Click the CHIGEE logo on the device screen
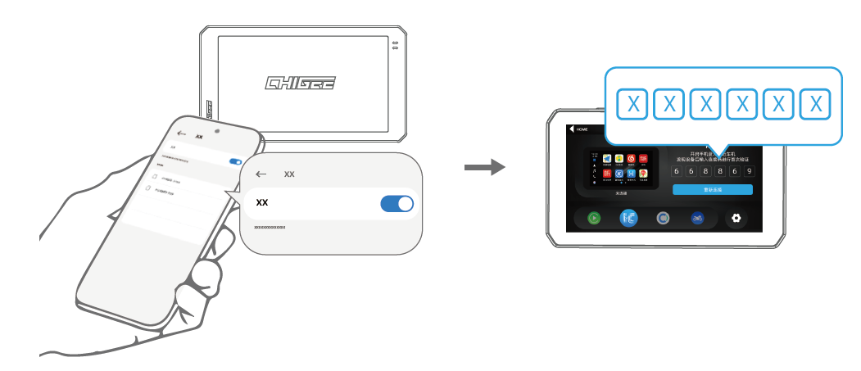pyautogui.click(x=301, y=83)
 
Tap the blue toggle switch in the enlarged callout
pyautogui.click(x=397, y=204)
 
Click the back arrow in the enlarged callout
pyautogui.click(x=261, y=174)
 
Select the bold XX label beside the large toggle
pyautogui.click(x=262, y=202)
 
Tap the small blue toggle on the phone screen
pyautogui.click(x=236, y=162)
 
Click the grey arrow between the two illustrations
pyautogui.click(x=484, y=168)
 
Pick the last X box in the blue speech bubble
pyautogui.click(x=815, y=104)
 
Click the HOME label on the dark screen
pyautogui.click(x=582, y=129)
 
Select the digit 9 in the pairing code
pyautogui.click(x=749, y=171)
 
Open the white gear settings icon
pyautogui.click(x=735, y=219)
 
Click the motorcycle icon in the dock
pyautogui.click(x=697, y=219)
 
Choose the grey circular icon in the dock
pyautogui.click(x=663, y=219)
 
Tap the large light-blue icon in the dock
pyautogui.click(x=629, y=219)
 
